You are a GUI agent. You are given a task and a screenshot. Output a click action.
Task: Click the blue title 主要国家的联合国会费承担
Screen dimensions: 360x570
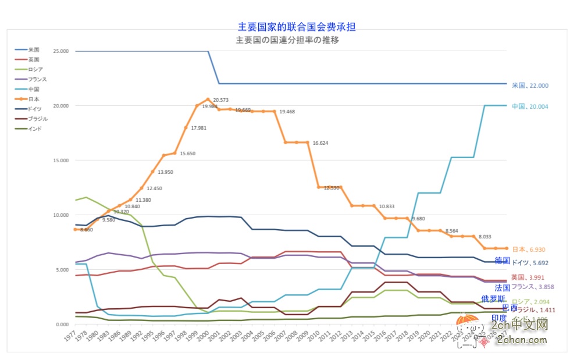pyautogui.click(x=297, y=27)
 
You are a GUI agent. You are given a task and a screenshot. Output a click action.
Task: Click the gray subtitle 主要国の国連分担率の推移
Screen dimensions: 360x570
pyautogui.click(x=287, y=40)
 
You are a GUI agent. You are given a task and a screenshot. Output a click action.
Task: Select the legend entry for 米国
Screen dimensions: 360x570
pyautogui.click(x=33, y=49)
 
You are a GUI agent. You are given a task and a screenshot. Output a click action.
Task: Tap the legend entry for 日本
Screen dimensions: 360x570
pyautogui.click(x=33, y=99)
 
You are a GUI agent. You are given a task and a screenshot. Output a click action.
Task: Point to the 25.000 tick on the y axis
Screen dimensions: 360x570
pyautogui.click(x=60, y=51)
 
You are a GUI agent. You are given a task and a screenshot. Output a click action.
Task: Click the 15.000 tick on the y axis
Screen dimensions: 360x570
pyautogui.click(x=60, y=161)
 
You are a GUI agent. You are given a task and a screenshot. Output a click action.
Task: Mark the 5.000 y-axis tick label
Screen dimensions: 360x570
pyautogui.click(x=62, y=270)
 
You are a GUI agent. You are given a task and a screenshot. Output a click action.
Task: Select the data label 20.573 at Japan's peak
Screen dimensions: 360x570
pyautogui.click(x=220, y=101)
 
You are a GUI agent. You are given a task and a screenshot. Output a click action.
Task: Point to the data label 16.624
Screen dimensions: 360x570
pyautogui.click(x=320, y=143)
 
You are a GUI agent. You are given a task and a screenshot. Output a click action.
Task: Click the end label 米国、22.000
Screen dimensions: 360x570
pyautogui.click(x=530, y=85)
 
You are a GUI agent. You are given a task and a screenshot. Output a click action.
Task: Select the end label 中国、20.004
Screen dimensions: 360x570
pyautogui.click(x=530, y=106)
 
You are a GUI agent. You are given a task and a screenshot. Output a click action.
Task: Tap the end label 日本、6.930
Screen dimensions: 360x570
pyautogui.click(x=530, y=249)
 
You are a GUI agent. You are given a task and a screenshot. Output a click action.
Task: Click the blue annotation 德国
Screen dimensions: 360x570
pyautogui.click(x=502, y=261)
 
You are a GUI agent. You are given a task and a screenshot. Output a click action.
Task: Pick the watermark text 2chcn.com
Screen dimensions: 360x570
pyautogui.click(x=523, y=338)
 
